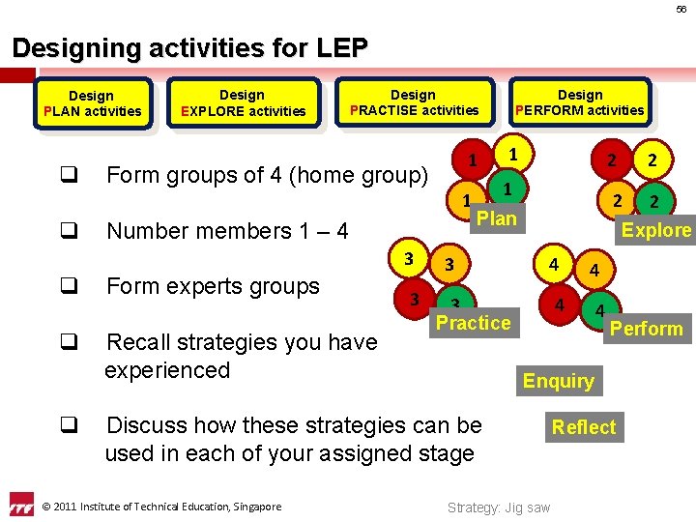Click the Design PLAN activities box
(x=92, y=102)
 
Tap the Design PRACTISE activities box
(x=413, y=102)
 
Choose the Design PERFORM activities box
(x=580, y=102)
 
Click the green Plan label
(x=497, y=218)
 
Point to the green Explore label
(x=656, y=230)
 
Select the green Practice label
(x=474, y=323)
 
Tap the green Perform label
(x=647, y=329)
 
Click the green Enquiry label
(x=559, y=381)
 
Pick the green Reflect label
(x=583, y=426)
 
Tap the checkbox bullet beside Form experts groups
(x=68, y=286)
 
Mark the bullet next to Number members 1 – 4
(x=68, y=231)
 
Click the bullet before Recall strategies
(x=68, y=342)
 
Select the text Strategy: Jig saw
(x=499, y=507)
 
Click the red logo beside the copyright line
(x=21, y=506)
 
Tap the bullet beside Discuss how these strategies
(x=68, y=425)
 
